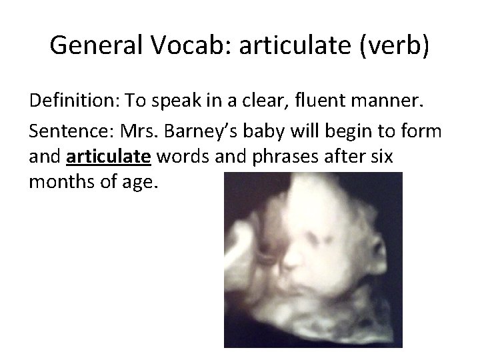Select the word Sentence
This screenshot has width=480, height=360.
pyautogui.click(x=61, y=130)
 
